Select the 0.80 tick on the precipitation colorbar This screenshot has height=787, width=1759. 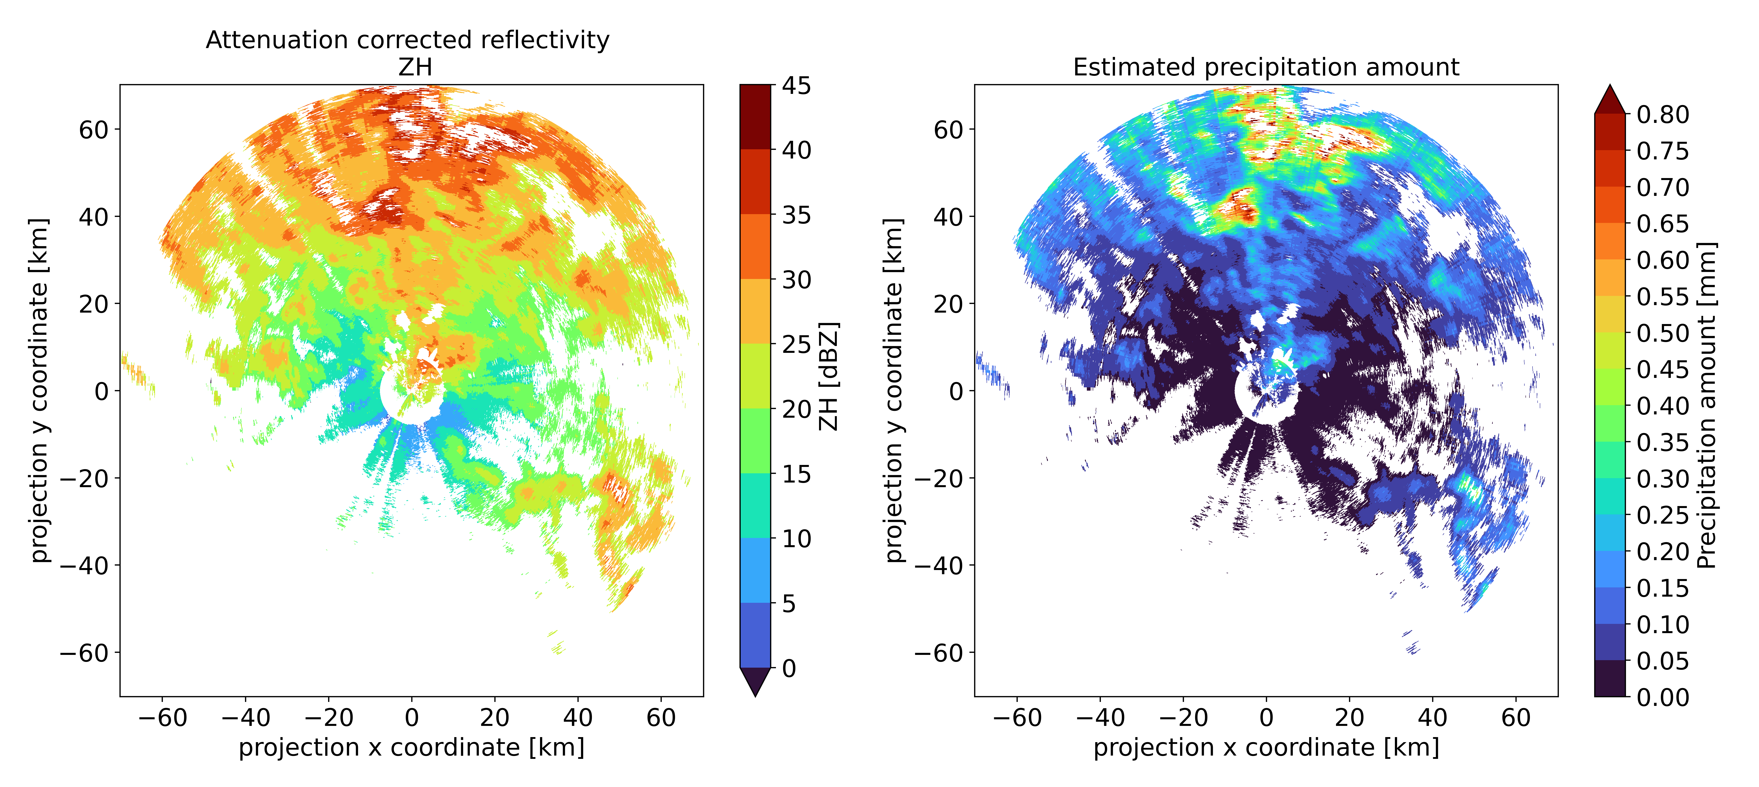tap(1663, 115)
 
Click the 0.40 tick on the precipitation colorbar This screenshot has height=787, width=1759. tap(1663, 406)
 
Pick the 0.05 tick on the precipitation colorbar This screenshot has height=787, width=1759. tap(1663, 661)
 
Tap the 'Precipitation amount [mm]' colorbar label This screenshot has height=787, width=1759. tap(1706, 405)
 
